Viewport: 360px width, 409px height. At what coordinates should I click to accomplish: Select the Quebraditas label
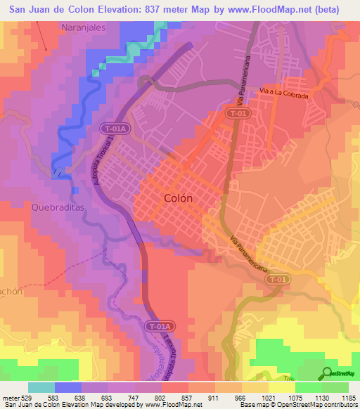point(58,207)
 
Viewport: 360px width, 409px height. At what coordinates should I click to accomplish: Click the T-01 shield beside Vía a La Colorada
point(237,112)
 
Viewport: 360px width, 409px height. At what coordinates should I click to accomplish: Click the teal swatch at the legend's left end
point(41,387)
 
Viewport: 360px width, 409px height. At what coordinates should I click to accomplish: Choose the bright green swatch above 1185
point(335,387)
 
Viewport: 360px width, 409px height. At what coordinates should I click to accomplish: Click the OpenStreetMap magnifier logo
point(326,373)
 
